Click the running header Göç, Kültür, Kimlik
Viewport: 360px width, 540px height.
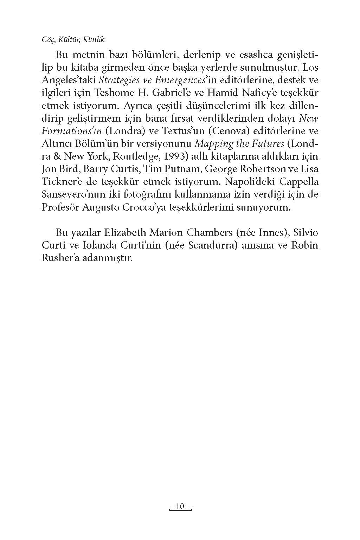73,40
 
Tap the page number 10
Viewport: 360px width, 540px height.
180,506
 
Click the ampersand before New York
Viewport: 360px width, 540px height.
58,156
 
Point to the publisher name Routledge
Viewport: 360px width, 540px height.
136,156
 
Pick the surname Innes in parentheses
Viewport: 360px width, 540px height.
269,233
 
